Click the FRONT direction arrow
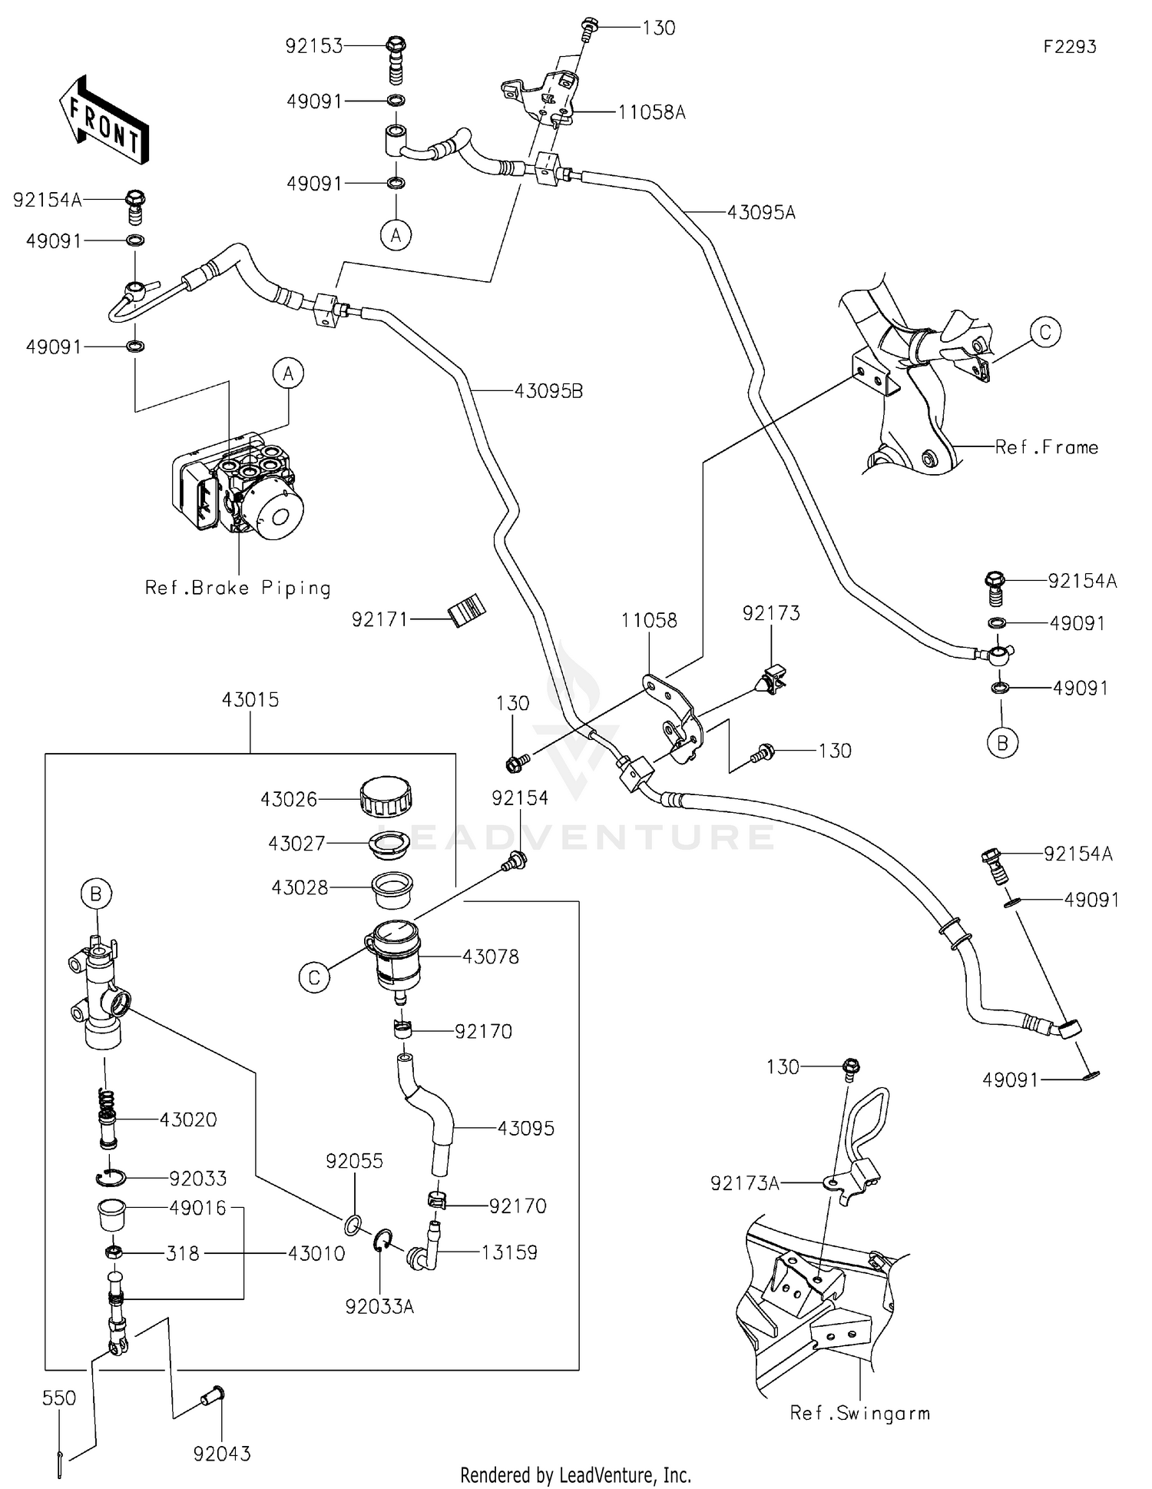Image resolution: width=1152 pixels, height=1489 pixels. pyautogui.click(x=104, y=119)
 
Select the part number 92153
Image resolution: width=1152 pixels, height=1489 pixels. pyautogui.click(x=313, y=46)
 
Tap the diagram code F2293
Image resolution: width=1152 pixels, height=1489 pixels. pyautogui.click(x=1069, y=47)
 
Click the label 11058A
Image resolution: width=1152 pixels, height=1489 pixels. pyautogui.click(x=651, y=113)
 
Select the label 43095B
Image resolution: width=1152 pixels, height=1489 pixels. pyautogui.click(x=548, y=391)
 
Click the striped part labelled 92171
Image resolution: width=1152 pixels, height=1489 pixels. pyautogui.click(x=468, y=611)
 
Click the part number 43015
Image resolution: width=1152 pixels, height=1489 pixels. pyautogui.click(x=250, y=700)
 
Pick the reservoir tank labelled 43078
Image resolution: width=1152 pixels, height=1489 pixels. pyautogui.click(x=393, y=957)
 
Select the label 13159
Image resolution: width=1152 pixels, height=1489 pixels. pyautogui.click(x=509, y=1252)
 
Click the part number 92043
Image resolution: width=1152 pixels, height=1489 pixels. pyautogui.click(x=222, y=1454)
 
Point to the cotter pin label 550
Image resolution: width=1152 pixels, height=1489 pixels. pyautogui.click(x=59, y=1398)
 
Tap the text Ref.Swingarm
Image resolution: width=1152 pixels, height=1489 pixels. pyautogui.click(x=859, y=1413)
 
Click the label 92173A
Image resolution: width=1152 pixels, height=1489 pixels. pyautogui.click(x=744, y=1184)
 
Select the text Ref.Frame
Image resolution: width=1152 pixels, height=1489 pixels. pyautogui.click(x=1046, y=447)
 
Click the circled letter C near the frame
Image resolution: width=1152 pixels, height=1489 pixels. pyautogui.click(x=1045, y=333)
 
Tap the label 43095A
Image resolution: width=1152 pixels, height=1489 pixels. pyautogui.click(x=761, y=213)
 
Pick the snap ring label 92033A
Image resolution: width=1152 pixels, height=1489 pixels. pyautogui.click(x=379, y=1306)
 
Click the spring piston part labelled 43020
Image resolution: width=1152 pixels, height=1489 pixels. pyautogui.click(x=108, y=1119)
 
